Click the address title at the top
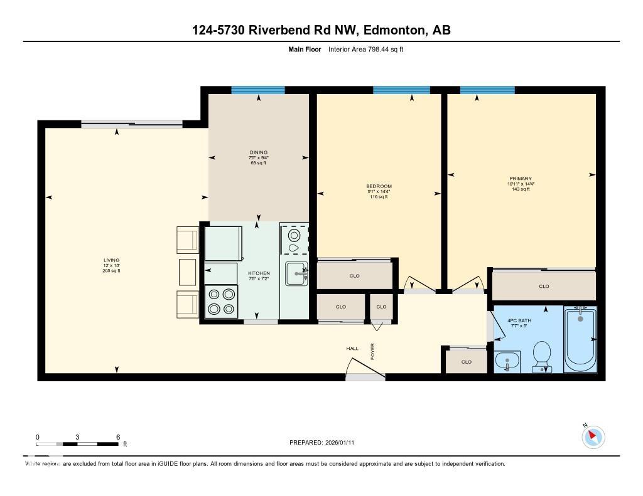click(x=321, y=30)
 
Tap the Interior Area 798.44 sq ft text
click(x=365, y=50)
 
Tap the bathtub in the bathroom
click(x=580, y=339)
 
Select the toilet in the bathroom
click(x=541, y=356)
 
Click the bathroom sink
click(x=507, y=362)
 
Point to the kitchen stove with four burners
click(x=222, y=301)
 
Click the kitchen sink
click(x=294, y=273)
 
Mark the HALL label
click(x=352, y=349)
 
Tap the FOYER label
click(x=372, y=352)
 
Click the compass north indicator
click(x=593, y=436)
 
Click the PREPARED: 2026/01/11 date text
click(x=325, y=443)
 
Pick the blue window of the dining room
click(x=258, y=90)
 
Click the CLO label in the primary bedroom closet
click(x=544, y=287)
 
